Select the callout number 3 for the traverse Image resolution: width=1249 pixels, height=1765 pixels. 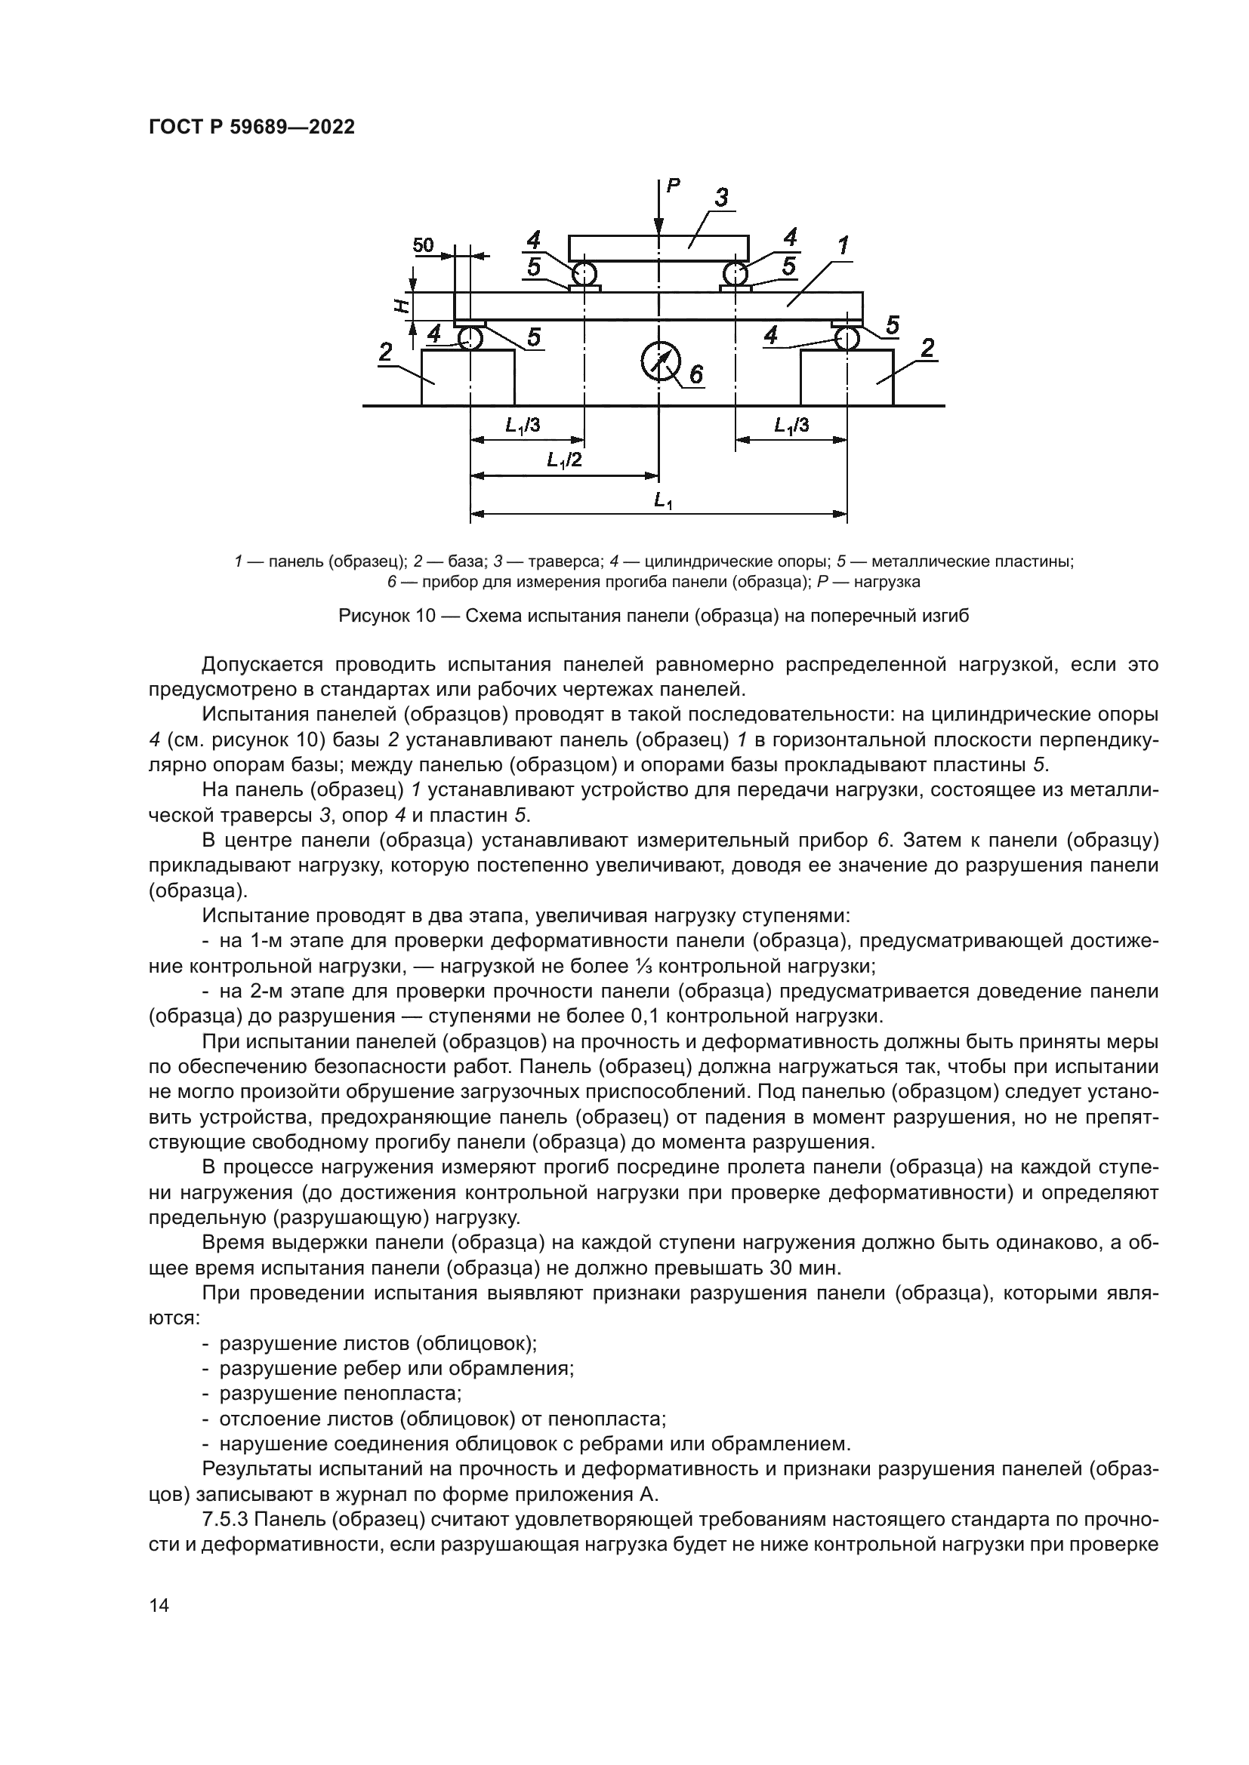[x=720, y=198]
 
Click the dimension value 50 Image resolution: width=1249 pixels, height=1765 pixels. [x=423, y=245]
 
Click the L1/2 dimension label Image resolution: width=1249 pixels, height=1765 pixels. [x=565, y=460]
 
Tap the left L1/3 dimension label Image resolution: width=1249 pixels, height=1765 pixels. [x=523, y=425]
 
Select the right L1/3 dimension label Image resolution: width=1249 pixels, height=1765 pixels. [x=791, y=425]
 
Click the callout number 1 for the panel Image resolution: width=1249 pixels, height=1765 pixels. [x=843, y=246]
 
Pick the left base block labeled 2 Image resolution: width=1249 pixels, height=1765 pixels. [x=468, y=377]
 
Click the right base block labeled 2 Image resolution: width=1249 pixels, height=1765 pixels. [x=847, y=377]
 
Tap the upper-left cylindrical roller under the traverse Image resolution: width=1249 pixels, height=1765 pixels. [x=584, y=274]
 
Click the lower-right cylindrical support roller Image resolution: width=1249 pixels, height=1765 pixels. [x=847, y=337]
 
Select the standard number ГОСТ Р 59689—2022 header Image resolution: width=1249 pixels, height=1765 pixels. [x=251, y=128]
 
